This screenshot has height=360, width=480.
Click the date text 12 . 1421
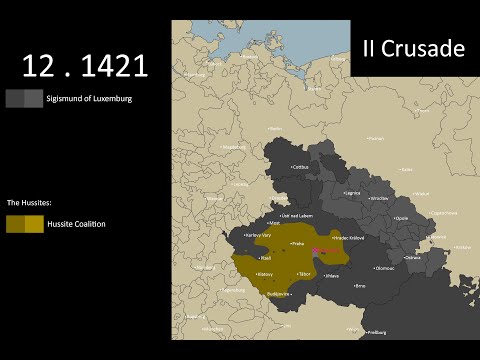click(85, 66)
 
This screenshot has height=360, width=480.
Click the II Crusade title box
click(414, 49)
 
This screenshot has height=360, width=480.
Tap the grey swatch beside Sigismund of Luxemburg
click(24, 98)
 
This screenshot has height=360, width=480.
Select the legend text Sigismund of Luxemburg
click(89, 98)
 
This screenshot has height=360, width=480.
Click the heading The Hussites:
click(31, 203)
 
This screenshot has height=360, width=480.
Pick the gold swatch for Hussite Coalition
click(24, 224)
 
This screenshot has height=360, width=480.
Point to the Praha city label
click(297, 243)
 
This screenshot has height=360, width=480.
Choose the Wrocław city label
click(378, 198)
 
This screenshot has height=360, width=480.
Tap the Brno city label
click(360, 285)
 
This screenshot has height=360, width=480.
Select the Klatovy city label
click(267, 273)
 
